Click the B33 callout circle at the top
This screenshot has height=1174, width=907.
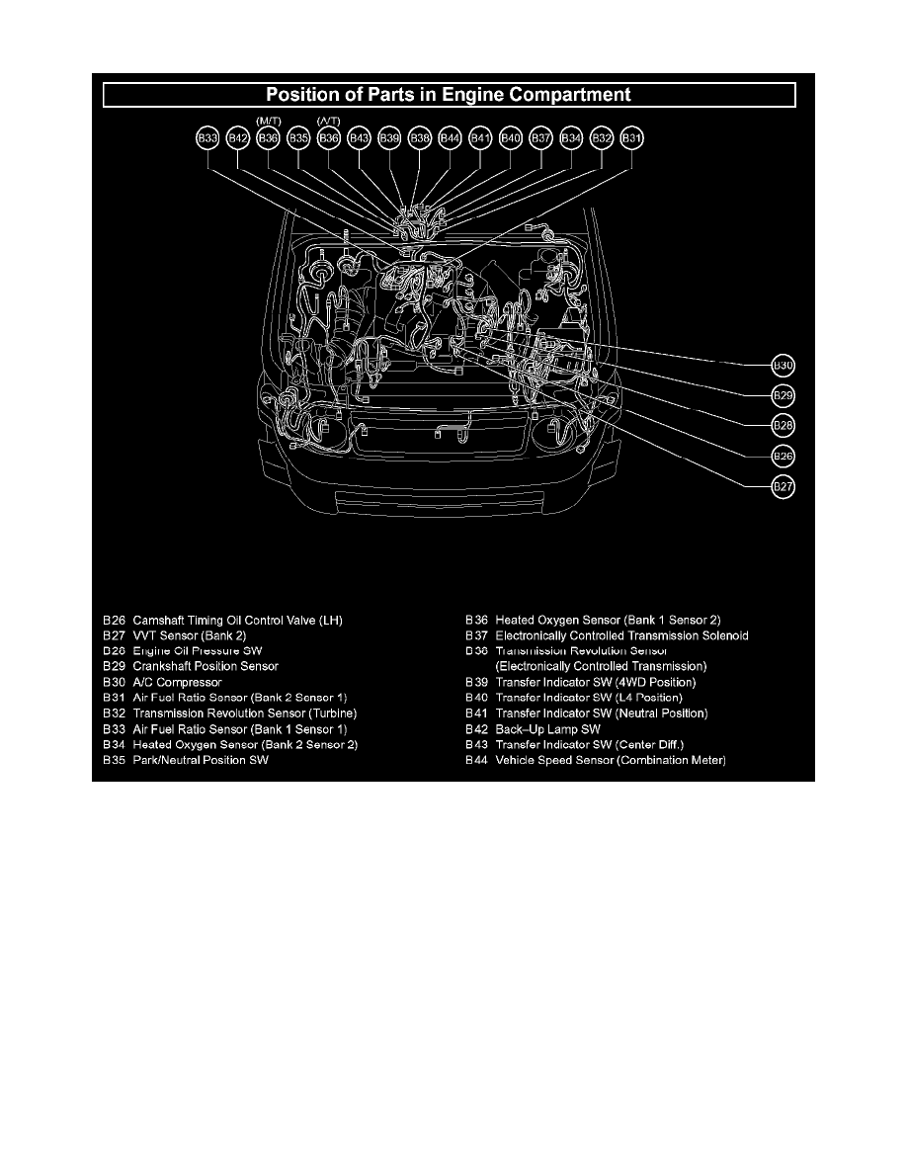tap(207, 139)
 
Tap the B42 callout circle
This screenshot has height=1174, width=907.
tap(238, 139)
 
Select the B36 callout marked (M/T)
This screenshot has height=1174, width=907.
tap(269, 139)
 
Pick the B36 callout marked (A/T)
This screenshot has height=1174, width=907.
tap(329, 139)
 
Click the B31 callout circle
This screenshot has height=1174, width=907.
tap(632, 139)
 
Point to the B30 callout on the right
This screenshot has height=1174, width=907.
tap(783, 365)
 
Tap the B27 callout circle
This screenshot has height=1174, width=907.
tap(783, 486)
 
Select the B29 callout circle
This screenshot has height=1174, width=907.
tap(783, 395)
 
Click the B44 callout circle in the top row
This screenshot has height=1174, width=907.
tap(451, 139)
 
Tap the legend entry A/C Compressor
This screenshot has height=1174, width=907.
tap(177, 682)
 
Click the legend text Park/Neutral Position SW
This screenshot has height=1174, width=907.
tap(201, 761)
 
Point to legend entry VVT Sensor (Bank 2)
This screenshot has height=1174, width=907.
tap(190, 635)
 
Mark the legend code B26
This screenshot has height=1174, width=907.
tap(114, 620)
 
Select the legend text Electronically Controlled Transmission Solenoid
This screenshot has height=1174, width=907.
tap(621, 635)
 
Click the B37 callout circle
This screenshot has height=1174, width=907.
tap(541, 139)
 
